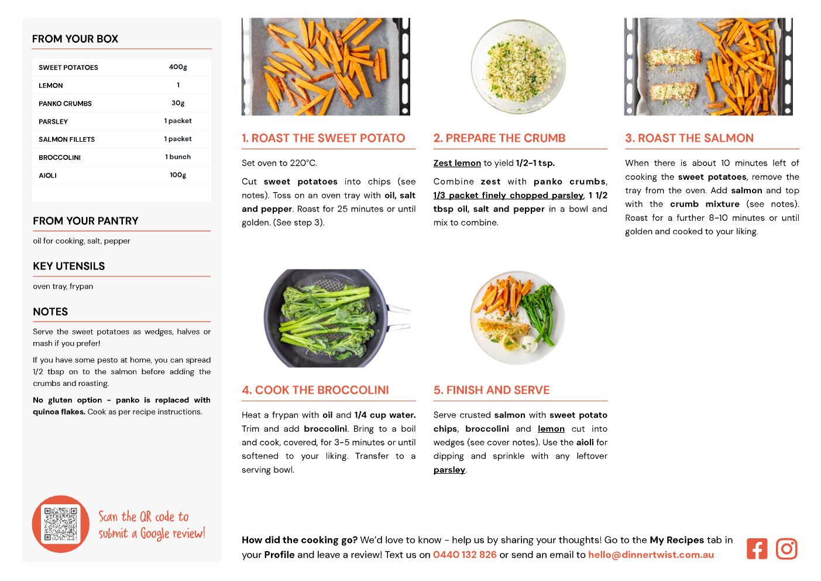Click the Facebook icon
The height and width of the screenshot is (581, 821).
[757, 548]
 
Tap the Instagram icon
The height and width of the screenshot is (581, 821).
[786, 548]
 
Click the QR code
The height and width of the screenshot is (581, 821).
[60, 524]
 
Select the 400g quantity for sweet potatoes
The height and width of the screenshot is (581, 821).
[178, 67]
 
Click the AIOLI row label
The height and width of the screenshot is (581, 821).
[47, 175]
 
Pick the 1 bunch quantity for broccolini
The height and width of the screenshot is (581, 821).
[178, 156]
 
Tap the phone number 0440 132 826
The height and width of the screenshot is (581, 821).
[465, 554]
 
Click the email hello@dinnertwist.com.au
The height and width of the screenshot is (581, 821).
[651, 554]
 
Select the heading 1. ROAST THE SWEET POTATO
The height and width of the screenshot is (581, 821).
[323, 138]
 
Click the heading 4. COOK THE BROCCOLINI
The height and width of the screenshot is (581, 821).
[315, 390]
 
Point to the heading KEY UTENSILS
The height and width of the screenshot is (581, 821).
[69, 266]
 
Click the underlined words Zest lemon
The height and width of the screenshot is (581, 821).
[457, 163]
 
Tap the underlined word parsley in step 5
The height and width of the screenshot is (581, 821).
[449, 470]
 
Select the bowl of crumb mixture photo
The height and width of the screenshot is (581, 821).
[518, 67]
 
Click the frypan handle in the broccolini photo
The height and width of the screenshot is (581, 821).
[399, 317]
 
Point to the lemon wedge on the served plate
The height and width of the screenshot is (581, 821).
[510, 343]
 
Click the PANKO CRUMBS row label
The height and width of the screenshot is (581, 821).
[65, 104]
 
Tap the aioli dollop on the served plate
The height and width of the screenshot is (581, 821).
[528, 344]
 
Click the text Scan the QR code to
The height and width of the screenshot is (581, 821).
[143, 517]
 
